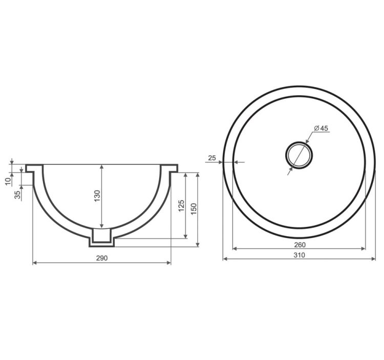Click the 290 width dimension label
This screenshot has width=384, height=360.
click(x=102, y=258)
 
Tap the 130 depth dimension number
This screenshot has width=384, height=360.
click(x=97, y=196)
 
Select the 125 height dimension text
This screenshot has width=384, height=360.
click(x=181, y=206)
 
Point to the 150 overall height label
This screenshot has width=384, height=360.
click(x=194, y=209)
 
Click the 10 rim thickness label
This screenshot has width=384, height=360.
click(x=9, y=181)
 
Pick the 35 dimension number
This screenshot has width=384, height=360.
click(x=17, y=195)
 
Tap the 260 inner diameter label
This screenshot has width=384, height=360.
click(x=300, y=245)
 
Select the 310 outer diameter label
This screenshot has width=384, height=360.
click(x=300, y=255)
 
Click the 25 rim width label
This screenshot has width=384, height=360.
click(x=212, y=158)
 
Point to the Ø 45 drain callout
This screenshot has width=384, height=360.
click(x=321, y=128)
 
